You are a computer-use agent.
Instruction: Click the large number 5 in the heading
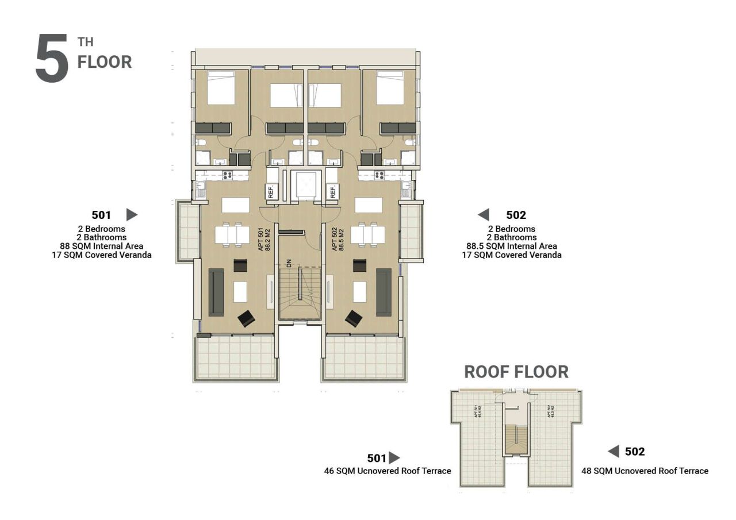click(52, 59)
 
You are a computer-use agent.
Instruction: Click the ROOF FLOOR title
click(516, 372)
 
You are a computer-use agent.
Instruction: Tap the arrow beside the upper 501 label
click(132, 215)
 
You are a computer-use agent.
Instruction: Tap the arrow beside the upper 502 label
click(484, 215)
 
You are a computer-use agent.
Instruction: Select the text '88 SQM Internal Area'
click(101, 246)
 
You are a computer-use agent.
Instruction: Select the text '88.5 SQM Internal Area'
click(511, 246)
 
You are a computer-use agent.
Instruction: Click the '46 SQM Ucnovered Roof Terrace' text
click(388, 471)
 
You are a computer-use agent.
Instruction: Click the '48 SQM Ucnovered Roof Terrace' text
click(645, 471)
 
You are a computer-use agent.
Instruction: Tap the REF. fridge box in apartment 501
click(271, 191)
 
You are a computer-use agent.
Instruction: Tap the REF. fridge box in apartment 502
click(332, 191)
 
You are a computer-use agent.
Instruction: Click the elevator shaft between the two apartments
click(303, 185)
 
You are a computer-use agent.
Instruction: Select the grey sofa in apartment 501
click(216, 292)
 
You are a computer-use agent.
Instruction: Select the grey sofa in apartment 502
click(384, 292)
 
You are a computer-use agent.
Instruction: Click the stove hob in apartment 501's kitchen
click(227, 176)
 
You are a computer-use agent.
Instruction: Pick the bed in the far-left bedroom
click(221, 88)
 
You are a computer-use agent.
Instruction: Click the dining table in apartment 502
click(368, 234)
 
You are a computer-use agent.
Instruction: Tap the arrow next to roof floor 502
click(614, 452)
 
